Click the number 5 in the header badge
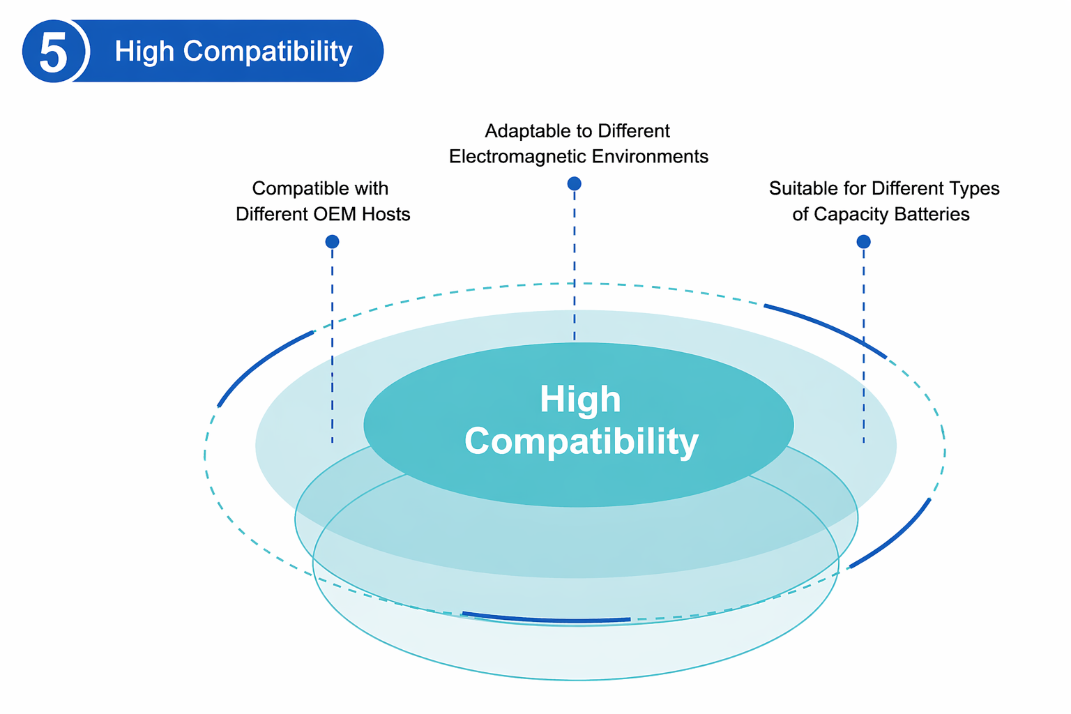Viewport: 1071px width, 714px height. point(54,52)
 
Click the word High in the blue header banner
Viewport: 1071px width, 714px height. point(144,52)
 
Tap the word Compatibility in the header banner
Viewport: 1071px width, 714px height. point(268,52)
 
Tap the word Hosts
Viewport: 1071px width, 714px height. point(386,213)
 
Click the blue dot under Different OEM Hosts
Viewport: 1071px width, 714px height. point(332,241)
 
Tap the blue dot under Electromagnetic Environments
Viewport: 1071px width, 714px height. point(574,183)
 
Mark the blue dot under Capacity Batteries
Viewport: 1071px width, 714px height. point(863,241)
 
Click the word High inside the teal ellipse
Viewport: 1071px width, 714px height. point(580,400)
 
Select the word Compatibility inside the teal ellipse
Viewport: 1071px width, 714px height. point(581,441)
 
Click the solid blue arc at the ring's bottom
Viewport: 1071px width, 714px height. point(546,618)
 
